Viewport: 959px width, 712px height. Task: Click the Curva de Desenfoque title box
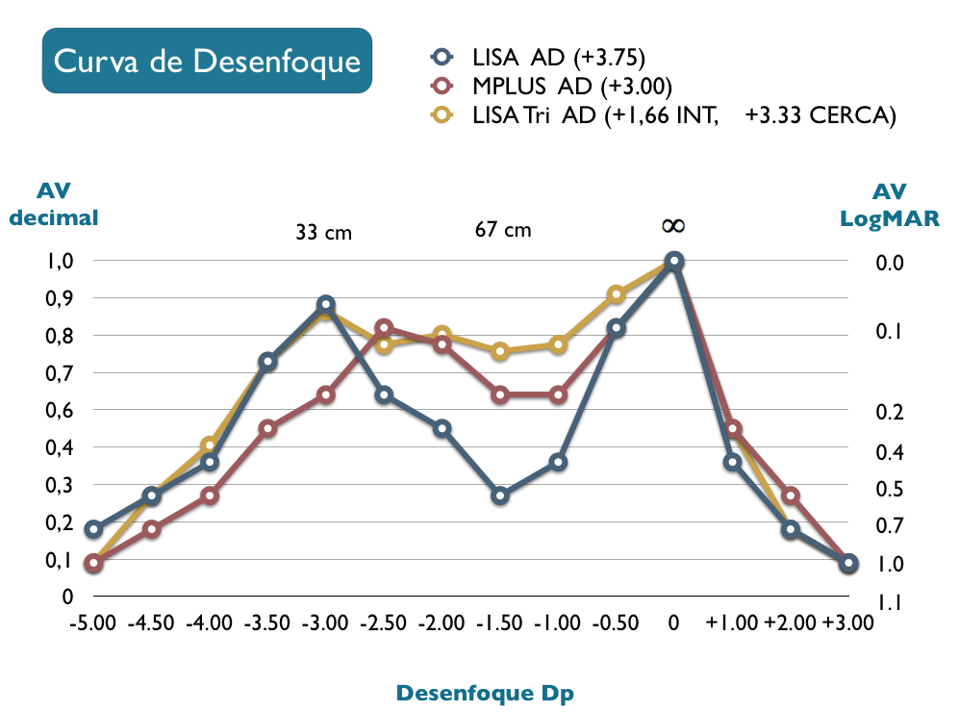click(x=207, y=61)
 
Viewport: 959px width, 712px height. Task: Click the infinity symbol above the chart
click(x=673, y=225)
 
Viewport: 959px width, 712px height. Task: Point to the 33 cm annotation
click(x=323, y=233)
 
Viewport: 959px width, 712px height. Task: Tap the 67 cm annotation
click(x=502, y=230)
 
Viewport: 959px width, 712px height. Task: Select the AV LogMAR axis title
click(x=890, y=205)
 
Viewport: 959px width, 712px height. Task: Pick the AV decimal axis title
click(x=54, y=205)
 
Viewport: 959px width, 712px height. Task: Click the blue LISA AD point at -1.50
click(x=500, y=496)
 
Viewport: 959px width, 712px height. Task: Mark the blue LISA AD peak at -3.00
click(x=326, y=305)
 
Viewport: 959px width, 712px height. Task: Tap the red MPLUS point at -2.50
click(x=384, y=328)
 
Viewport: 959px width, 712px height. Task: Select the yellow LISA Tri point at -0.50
click(x=617, y=294)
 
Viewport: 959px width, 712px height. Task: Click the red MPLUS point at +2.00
click(x=791, y=496)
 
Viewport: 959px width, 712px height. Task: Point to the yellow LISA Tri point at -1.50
click(x=500, y=351)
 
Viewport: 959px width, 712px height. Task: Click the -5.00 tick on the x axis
click(x=93, y=623)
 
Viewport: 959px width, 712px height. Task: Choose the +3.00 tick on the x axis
click(x=848, y=623)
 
